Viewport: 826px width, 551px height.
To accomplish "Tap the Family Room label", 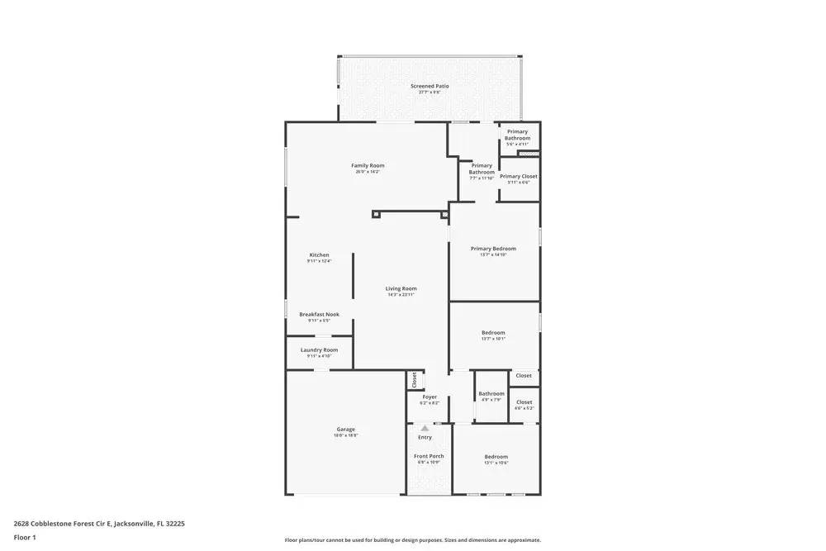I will click(x=368, y=166).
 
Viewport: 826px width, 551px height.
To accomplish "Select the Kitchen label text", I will click(x=319, y=255).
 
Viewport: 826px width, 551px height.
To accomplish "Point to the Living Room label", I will click(x=401, y=289).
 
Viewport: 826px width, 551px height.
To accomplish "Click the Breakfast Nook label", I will click(x=319, y=315).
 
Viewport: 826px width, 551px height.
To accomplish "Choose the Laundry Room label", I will click(x=319, y=350).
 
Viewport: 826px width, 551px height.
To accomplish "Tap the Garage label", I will click(x=345, y=430).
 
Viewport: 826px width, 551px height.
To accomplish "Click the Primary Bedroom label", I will click(x=493, y=249).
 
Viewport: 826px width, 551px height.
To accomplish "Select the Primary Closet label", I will click(x=519, y=176).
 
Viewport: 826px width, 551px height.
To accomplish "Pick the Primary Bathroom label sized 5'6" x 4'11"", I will click(x=517, y=135).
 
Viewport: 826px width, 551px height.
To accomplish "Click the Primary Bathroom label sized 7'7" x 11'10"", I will click(x=482, y=169).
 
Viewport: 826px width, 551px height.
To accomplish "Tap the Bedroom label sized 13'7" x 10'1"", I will click(x=493, y=333).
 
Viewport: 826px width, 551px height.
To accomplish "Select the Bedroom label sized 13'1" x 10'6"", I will click(x=496, y=457).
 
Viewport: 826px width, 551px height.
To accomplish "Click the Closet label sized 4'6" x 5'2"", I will click(x=524, y=402).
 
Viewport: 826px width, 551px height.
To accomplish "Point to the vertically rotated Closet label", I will click(x=415, y=380).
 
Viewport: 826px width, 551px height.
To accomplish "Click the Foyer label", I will click(x=430, y=397).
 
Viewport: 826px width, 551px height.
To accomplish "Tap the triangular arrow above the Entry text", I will click(x=425, y=428).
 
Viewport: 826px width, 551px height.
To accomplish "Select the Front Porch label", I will click(x=429, y=456).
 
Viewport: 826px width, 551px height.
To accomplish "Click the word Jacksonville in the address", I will click(x=132, y=523).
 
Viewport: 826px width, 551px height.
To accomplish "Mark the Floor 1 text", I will click(x=25, y=537).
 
